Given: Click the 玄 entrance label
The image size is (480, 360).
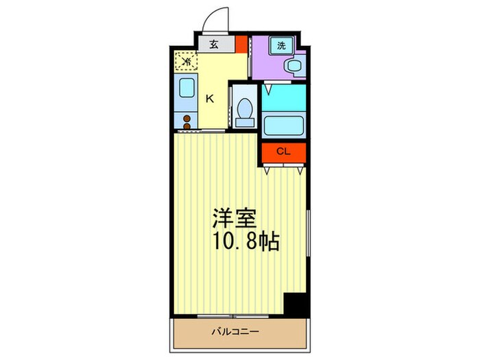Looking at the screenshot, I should click(213, 45).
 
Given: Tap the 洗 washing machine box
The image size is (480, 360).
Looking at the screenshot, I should click(282, 46).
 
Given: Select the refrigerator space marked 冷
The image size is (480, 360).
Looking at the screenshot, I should click(185, 62).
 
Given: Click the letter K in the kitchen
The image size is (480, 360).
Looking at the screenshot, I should click(210, 98).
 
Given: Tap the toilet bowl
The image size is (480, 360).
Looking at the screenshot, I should click(243, 108).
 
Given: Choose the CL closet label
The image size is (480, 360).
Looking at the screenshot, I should click(283, 152).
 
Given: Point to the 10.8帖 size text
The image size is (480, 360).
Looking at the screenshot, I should click(245, 242).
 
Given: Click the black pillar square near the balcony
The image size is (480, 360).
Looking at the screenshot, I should click(296, 304).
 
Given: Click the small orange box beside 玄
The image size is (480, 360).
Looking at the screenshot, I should click(241, 45).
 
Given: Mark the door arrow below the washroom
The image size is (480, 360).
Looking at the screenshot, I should click(268, 88).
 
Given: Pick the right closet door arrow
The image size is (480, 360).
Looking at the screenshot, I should click(300, 171).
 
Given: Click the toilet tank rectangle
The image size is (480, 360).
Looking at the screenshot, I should click(244, 123).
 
